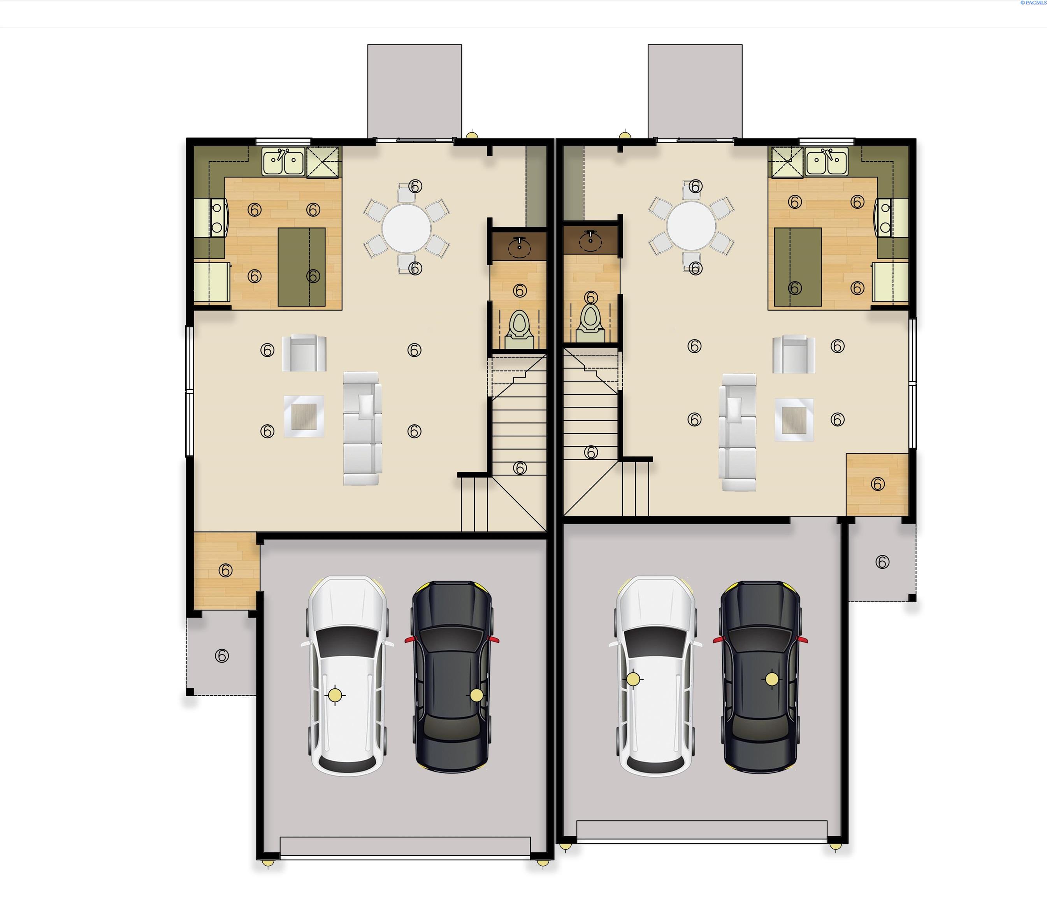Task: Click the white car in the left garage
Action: tap(347, 676)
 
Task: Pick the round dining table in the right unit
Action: tap(691, 225)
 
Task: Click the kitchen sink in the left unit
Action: tap(283, 162)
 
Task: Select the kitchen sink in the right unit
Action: tap(827, 162)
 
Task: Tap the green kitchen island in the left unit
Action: tap(302, 267)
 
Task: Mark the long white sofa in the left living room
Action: tap(362, 429)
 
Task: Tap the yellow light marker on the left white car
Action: tap(334, 695)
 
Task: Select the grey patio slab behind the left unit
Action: tap(415, 91)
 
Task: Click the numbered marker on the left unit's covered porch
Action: tap(222, 656)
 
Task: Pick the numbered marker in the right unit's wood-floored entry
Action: tap(878, 484)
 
